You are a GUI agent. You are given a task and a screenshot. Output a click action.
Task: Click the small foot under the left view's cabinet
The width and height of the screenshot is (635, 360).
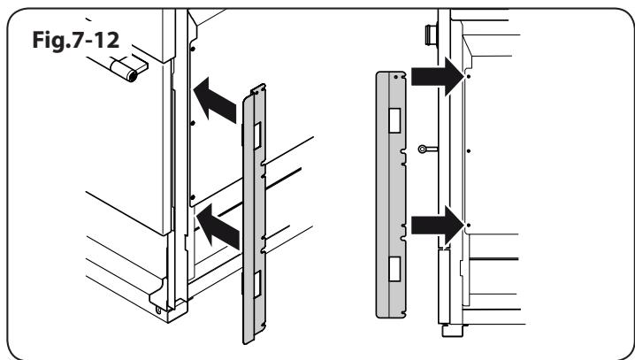160,308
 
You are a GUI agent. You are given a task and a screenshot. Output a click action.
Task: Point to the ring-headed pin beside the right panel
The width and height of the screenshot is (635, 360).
425,150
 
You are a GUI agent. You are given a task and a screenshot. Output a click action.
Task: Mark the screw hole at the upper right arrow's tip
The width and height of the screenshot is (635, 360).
467,77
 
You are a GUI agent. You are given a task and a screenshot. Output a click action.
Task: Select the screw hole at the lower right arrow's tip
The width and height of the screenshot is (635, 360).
467,226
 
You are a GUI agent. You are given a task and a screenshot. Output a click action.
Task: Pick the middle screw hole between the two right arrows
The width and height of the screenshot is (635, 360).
467,151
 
